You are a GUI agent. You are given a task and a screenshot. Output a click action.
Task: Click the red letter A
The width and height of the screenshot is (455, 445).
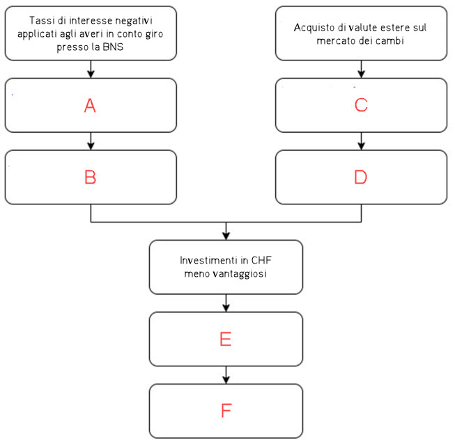(90, 106)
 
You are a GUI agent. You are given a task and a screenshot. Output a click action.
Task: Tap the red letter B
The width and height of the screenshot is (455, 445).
(91, 177)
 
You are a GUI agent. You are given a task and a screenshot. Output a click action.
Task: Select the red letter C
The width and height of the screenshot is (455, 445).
(361, 105)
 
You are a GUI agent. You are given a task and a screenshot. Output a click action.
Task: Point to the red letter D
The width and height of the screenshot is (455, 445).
(361, 177)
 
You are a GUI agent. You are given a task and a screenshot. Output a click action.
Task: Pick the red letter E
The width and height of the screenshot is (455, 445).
(226, 339)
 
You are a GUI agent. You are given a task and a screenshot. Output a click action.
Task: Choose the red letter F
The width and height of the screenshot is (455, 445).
(226, 410)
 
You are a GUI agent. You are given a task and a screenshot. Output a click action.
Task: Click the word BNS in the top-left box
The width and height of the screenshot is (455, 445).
(113, 47)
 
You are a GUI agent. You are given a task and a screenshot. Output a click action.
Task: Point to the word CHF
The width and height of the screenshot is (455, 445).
(261, 260)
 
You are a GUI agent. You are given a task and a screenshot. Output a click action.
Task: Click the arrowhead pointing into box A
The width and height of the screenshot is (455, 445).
(91, 74)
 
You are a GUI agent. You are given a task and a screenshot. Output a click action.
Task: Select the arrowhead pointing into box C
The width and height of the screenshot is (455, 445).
(361, 74)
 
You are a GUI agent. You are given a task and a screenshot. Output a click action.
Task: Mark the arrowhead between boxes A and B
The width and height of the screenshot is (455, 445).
(91, 146)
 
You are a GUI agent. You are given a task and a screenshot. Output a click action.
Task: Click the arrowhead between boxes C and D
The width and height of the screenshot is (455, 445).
(361, 146)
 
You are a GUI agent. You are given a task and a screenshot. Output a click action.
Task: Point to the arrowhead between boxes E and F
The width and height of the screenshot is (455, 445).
(226, 380)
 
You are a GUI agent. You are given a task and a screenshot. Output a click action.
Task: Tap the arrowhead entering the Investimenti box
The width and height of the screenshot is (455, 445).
(226, 236)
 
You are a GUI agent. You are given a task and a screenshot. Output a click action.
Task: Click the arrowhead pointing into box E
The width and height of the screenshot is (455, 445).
(226, 308)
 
